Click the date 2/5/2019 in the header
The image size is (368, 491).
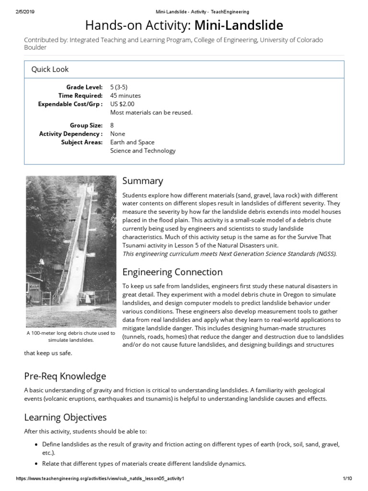point(25,12)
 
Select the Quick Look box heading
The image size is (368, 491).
point(50,69)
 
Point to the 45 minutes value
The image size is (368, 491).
point(126,95)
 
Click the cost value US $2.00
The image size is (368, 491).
point(122,104)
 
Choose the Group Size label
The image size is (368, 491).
point(86,125)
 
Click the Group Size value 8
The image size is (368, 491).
point(112,125)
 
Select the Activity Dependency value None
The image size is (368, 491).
point(117,134)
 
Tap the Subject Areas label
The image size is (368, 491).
point(81,142)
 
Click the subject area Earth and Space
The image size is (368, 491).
point(132,142)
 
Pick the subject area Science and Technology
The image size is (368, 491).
point(143,151)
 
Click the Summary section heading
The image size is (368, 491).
point(142,181)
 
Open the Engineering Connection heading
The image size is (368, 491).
point(172,272)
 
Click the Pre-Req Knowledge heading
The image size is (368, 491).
point(65,375)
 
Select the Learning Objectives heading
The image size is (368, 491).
point(65,417)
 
